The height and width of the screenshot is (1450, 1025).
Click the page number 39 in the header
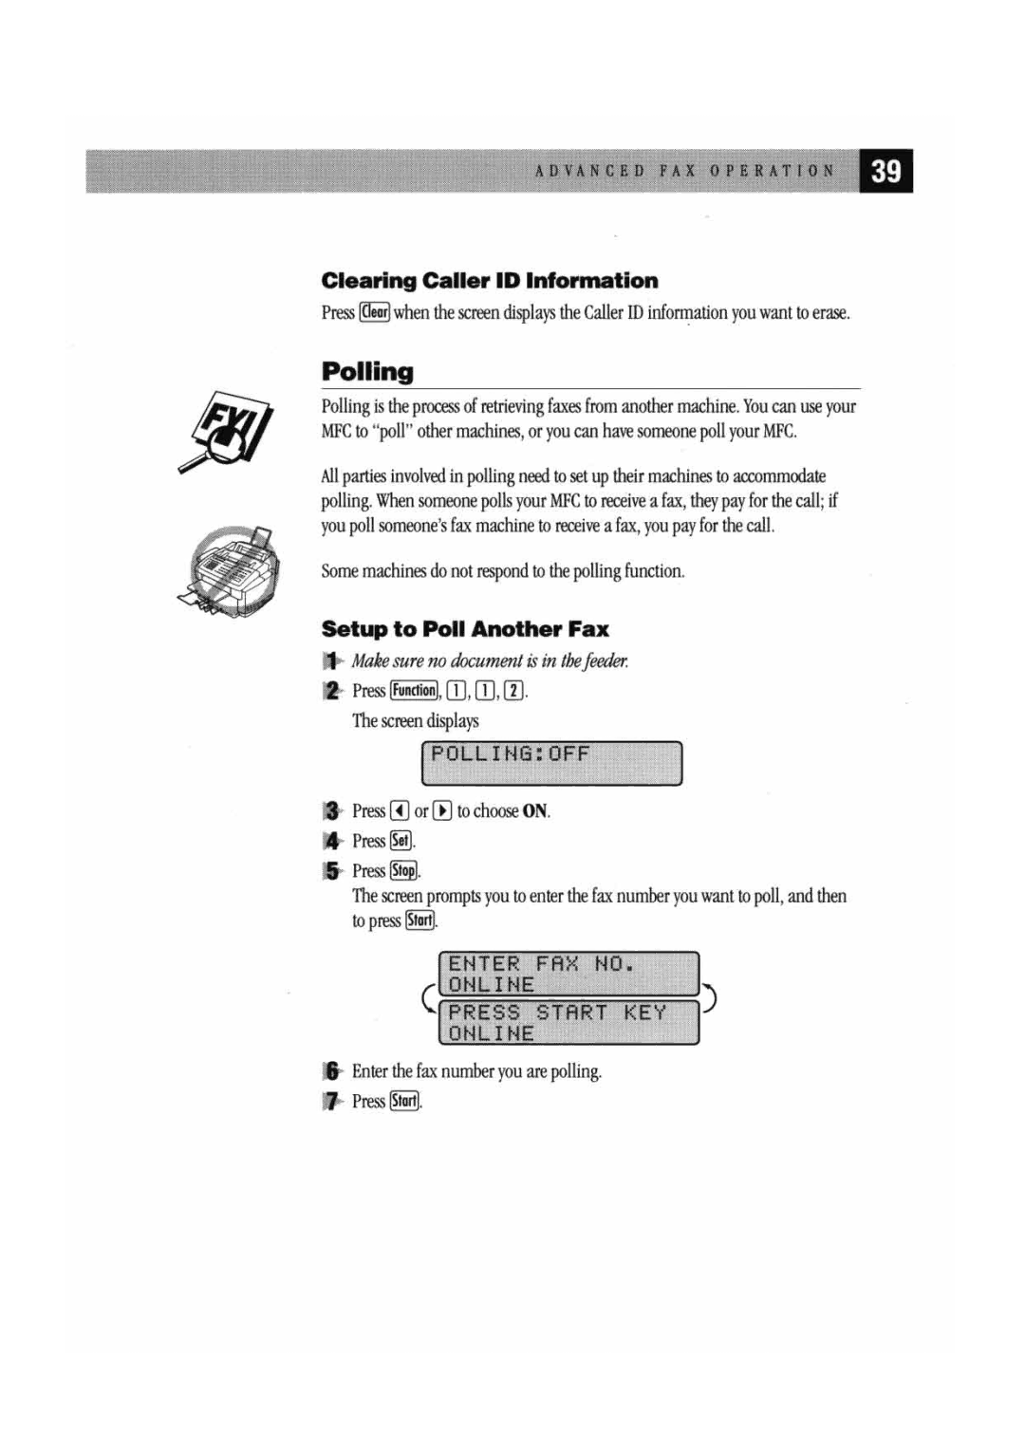[885, 172]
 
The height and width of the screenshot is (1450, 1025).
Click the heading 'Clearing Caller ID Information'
[489, 281]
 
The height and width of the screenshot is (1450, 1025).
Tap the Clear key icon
[375, 312]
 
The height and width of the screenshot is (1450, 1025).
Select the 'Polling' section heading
[367, 371]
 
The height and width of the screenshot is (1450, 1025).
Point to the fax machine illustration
[231, 571]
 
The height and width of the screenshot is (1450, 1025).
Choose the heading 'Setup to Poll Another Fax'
[465, 629]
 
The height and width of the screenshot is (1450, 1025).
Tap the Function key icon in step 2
[414, 691]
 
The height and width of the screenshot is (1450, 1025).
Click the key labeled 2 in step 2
[513, 691]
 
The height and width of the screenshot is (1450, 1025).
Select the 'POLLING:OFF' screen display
[550, 764]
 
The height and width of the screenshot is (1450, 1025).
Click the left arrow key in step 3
[400, 811]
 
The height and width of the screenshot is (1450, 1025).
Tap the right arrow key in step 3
[442, 811]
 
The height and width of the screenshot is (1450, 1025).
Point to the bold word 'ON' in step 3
[535, 811]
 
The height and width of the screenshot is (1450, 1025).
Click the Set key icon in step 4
[401, 841]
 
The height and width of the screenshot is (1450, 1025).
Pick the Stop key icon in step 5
[403, 871]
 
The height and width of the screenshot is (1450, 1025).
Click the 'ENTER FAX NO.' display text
[541, 964]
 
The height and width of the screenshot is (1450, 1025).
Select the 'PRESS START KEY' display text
[557, 1013]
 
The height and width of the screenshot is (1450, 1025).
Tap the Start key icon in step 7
[404, 1102]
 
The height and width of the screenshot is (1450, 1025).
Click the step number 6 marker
[331, 1071]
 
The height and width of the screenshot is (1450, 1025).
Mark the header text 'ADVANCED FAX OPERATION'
[684, 172]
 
